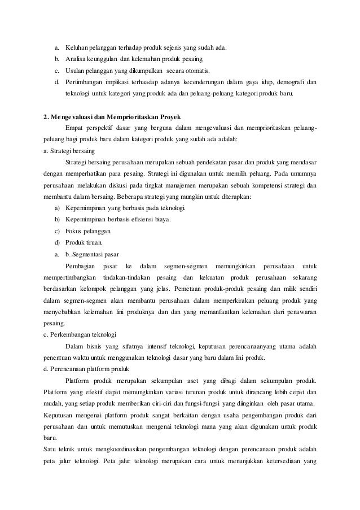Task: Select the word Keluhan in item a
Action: click(78, 47)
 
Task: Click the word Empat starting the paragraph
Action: click(76, 128)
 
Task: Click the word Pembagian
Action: click(81, 265)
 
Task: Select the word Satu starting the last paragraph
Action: click(50, 449)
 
